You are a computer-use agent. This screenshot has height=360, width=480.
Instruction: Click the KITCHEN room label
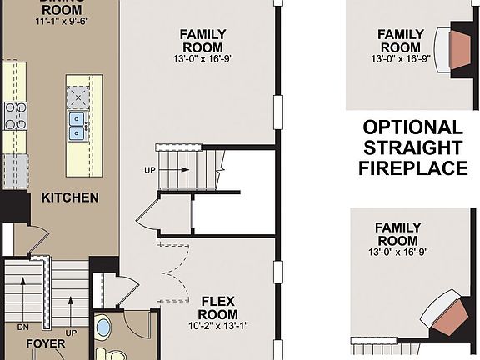click(70, 198)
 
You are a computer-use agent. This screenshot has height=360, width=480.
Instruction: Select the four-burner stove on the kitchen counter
click(14, 116)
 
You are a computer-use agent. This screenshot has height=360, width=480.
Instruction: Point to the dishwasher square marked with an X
click(78, 95)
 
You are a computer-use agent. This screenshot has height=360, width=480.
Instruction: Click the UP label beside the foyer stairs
click(72, 332)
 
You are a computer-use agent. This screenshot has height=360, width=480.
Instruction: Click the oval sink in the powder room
click(102, 327)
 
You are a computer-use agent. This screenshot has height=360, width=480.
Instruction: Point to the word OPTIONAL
click(412, 128)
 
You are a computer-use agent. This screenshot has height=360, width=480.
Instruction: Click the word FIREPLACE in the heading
click(412, 168)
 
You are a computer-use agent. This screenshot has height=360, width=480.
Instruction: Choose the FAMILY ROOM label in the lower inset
click(397, 233)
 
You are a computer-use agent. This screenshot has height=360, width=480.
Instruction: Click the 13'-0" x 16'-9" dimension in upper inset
click(401, 59)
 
